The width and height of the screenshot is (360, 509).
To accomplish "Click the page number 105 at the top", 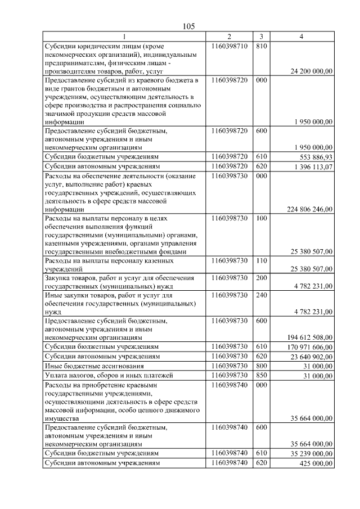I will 188,26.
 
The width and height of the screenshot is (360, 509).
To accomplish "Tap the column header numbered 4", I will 302,37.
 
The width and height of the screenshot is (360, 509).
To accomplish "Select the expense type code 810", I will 262,46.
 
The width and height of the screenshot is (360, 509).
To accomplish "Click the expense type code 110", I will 262,260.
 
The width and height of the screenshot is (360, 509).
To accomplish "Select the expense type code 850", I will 262,375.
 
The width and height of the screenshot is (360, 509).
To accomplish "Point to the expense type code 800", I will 262,366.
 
